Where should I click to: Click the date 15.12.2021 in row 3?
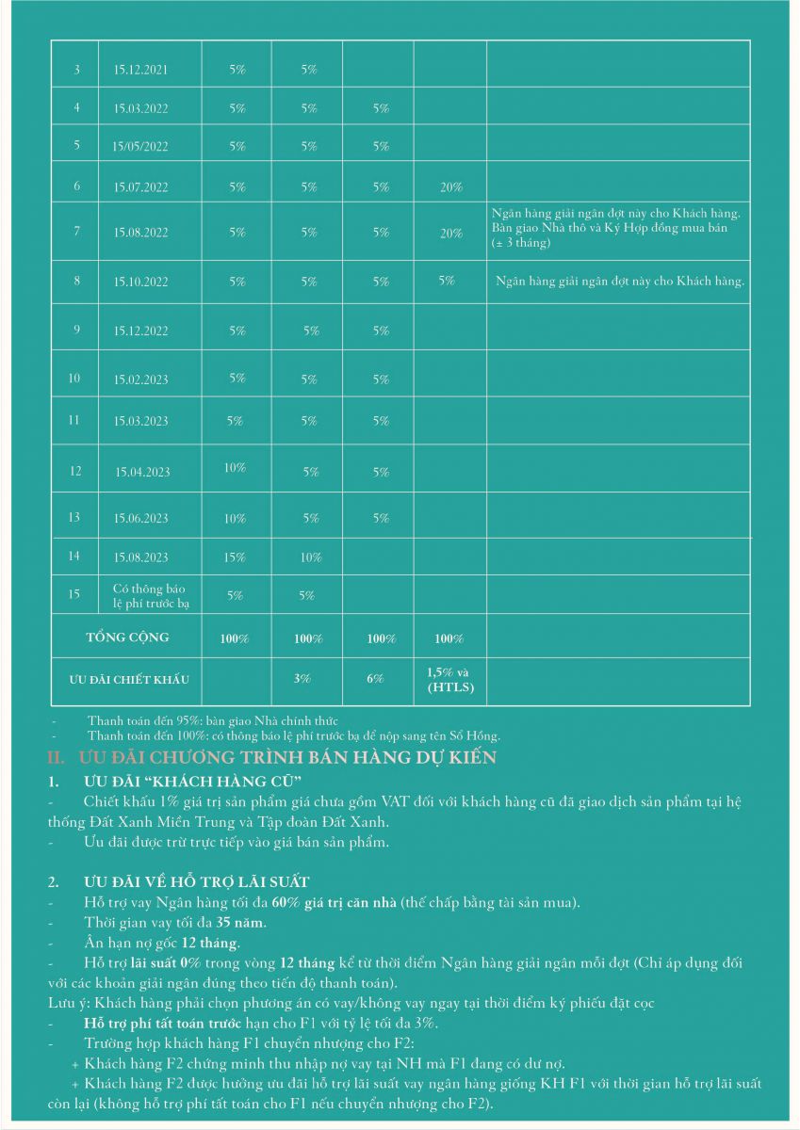coord(140,71)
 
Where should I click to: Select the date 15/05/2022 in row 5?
coord(140,146)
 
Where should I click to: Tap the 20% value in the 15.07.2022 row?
coord(451,187)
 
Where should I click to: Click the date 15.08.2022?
coord(140,233)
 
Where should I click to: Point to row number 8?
coord(76,281)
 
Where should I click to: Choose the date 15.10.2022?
coord(140,282)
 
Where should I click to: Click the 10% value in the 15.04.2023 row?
coord(235,468)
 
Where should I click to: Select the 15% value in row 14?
coord(235,557)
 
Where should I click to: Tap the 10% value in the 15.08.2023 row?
coord(311,557)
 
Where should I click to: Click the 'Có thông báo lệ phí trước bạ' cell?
coord(150,596)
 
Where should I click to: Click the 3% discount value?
coord(302,679)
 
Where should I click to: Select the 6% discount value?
coord(376,679)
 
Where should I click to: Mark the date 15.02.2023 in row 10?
coord(140,379)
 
